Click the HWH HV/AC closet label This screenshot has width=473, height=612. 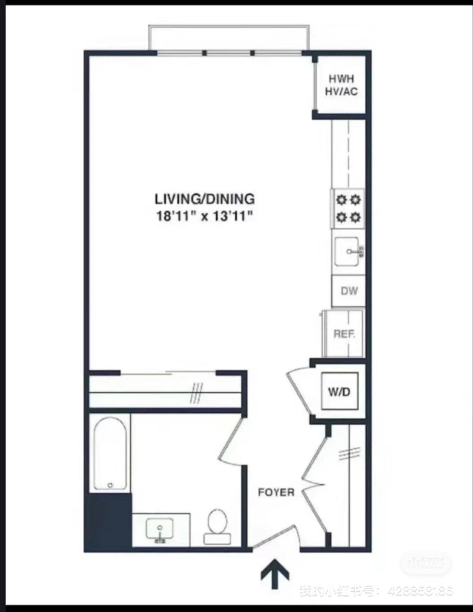click(341, 85)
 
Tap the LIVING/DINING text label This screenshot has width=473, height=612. click(204, 199)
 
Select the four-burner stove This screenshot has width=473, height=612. click(348, 208)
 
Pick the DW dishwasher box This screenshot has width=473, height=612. click(348, 291)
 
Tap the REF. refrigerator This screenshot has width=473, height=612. click(345, 334)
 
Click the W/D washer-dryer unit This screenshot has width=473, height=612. click(339, 391)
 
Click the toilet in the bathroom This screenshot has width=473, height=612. click(217, 525)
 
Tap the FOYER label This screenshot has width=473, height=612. click(276, 492)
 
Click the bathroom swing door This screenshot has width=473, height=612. click(231, 442)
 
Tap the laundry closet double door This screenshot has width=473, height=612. click(299, 391)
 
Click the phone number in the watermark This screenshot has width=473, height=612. click(420, 591)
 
